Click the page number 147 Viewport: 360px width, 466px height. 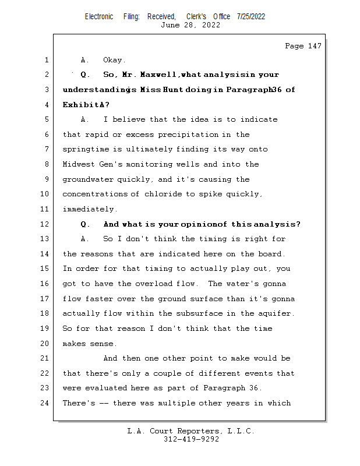[x=313, y=47]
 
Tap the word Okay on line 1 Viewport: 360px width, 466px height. [x=114, y=60]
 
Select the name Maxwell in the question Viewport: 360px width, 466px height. [x=160, y=75]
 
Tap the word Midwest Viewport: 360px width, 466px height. [x=78, y=165]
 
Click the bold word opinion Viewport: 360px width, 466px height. [x=199, y=224]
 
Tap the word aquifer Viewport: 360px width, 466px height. [x=274, y=314]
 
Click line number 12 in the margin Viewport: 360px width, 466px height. [x=45, y=224]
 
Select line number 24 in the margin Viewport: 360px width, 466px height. [x=45, y=403]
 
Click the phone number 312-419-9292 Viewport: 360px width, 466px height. [x=192, y=439]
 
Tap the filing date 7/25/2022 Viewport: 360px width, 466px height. [x=251, y=16]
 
